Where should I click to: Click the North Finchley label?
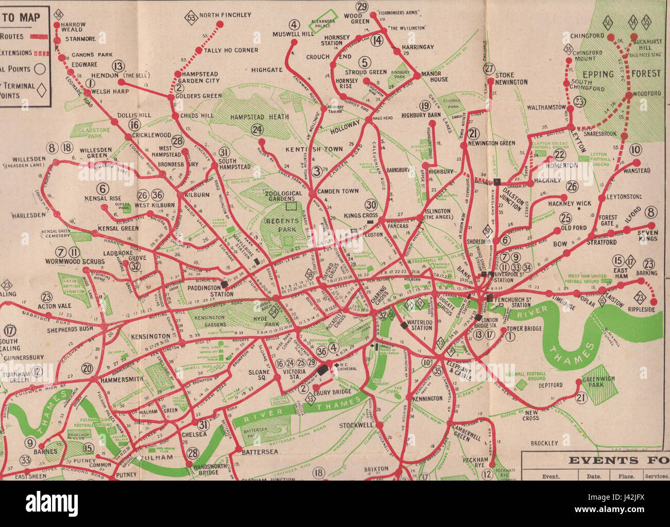(x=225, y=15)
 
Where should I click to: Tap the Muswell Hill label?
(x=293, y=34)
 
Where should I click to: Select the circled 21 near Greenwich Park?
(x=581, y=398)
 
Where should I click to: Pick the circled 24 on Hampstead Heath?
(x=257, y=130)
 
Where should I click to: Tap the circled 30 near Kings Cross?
(x=371, y=204)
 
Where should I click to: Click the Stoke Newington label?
(x=511, y=78)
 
